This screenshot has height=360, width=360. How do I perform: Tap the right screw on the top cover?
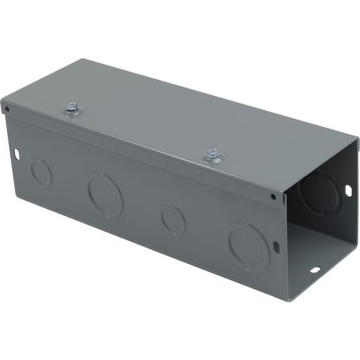point(211,154)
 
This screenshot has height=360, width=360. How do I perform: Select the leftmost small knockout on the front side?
point(41,172)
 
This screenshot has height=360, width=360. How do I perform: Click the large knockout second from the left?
point(103,194)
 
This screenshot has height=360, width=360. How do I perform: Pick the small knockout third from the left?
point(172,219)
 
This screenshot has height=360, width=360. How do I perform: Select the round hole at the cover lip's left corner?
point(8,110)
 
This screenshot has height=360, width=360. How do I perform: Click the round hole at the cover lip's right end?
point(273,196)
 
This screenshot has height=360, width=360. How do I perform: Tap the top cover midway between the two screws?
point(141,131)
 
